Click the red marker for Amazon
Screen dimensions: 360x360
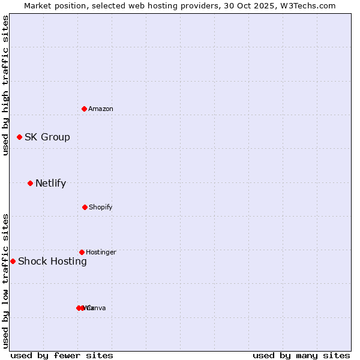coord(85,109)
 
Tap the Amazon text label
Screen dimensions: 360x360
coord(101,109)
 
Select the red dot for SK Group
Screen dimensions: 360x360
coord(19,137)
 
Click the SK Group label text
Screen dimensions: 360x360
coord(47,137)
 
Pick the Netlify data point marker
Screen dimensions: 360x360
coord(30,183)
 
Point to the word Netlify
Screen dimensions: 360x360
coord(51,184)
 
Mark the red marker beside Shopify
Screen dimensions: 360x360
coord(85,207)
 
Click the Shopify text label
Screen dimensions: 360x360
coord(101,208)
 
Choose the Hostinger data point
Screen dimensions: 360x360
coord(82,252)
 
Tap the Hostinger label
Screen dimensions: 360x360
coord(101,253)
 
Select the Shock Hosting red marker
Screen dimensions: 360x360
coord(13,261)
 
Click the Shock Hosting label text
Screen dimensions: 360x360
coord(53,262)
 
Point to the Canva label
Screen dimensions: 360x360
coord(96,308)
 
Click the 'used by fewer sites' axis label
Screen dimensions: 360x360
coord(62,356)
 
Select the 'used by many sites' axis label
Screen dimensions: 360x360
coord(301,356)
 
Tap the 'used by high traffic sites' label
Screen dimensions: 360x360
coord(5,85)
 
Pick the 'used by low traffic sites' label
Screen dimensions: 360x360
coord(5,281)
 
